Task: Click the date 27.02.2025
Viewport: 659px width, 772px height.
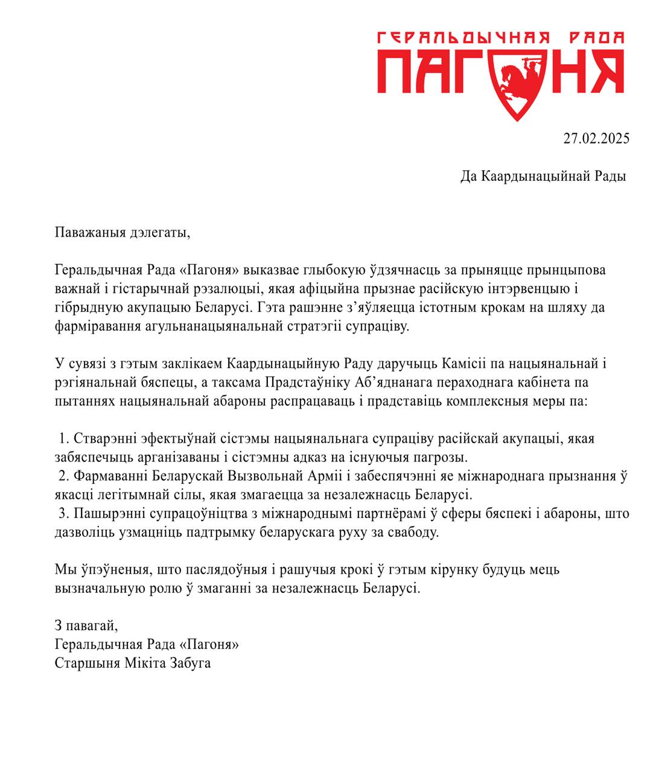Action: click(x=596, y=138)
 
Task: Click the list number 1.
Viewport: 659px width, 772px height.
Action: click(x=62, y=438)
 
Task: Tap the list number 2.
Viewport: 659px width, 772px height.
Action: click(x=62, y=476)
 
